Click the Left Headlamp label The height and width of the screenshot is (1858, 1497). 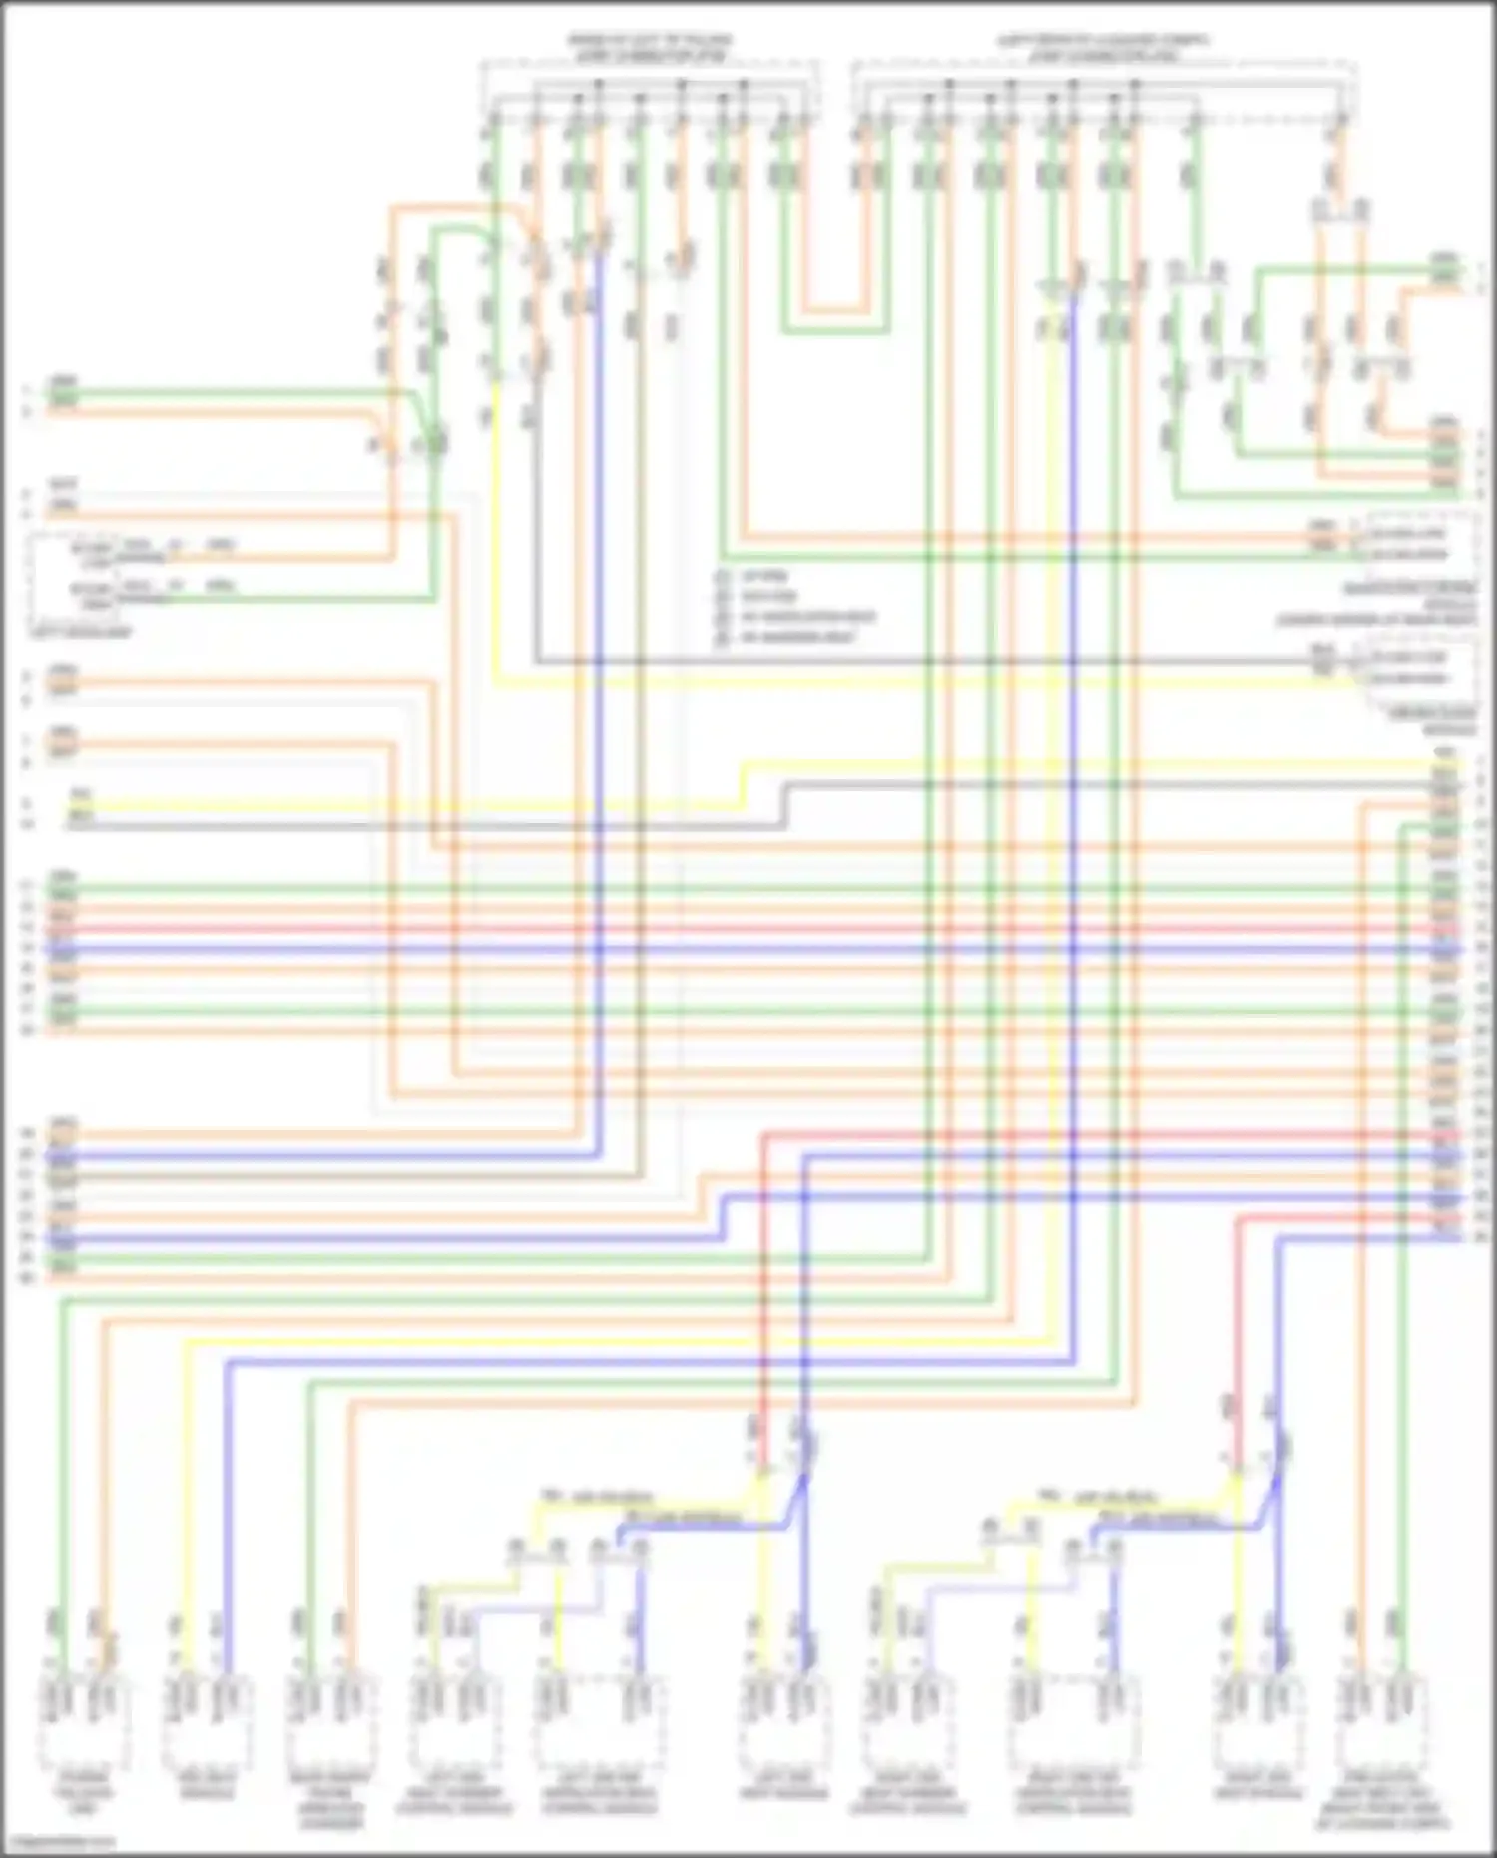80,633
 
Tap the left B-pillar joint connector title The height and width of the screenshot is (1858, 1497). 650,48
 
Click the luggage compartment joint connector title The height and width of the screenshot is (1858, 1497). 1103,48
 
